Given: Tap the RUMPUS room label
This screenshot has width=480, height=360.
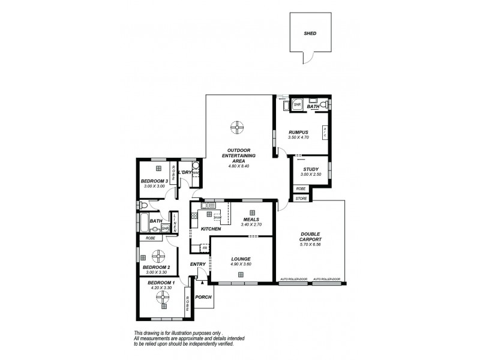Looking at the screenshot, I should pos(298,132).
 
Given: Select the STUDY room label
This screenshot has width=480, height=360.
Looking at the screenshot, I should pos(310,170).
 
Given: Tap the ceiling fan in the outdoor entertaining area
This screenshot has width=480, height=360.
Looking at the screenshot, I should pos(238,127).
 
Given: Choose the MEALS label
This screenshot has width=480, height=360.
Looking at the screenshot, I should pos(251,219).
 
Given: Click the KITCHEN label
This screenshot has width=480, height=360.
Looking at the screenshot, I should pos(211,229).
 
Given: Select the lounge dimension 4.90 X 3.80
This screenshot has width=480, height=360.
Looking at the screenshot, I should pos(240,265).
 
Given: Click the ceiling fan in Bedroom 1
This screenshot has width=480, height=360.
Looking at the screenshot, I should pos(161,296).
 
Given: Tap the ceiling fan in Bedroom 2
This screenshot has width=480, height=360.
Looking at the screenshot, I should pos(158,256).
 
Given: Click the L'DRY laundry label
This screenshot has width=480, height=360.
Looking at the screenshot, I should pos(185,173).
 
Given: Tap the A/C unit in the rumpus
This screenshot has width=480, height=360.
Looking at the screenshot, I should pos(325,134).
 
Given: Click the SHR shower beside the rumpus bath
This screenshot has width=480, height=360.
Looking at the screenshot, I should pos(296,104).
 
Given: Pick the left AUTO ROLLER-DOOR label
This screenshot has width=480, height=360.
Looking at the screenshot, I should pos(293,280).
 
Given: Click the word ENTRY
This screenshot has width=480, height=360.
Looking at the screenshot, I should pos(198,265).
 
